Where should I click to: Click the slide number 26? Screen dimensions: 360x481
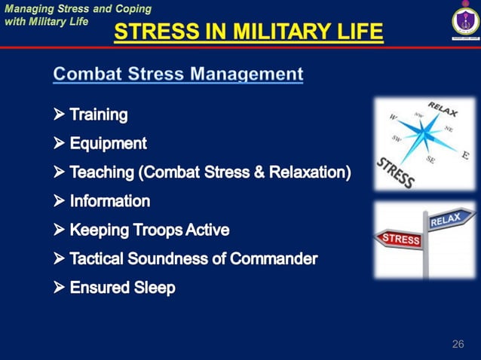(458, 344)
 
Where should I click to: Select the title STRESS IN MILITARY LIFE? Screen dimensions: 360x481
(248, 33)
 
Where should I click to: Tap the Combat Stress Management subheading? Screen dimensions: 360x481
(178, 74)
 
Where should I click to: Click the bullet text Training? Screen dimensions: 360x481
(99, 115)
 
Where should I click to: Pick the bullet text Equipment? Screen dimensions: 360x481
(108, 143)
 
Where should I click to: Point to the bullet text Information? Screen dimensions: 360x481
(110, 201)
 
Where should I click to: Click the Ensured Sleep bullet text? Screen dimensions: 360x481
(122, 288)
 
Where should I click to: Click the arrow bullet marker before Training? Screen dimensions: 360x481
(60, 115)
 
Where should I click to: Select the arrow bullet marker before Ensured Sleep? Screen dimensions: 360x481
(60, 288)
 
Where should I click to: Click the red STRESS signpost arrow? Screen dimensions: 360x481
(400, 239)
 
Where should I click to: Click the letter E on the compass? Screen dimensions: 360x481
(465, 155)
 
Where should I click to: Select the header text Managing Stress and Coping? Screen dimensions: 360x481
(78, 9)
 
